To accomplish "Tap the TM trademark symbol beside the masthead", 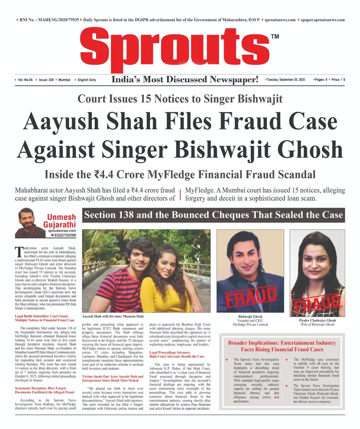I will [275, 37].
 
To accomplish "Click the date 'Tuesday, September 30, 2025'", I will [286, 80].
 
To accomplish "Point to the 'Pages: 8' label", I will [321, 80].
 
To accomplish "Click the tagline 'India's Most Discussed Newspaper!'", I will [185, 79].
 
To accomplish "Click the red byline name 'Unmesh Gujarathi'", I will [60, 221].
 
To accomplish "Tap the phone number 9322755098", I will [65, 235].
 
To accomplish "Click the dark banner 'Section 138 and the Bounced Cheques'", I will [213, 215].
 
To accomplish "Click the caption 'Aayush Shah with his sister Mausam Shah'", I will [113, 316].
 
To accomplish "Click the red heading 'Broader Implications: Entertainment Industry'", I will [282, 343].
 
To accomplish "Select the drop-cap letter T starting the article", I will [19, 251].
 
